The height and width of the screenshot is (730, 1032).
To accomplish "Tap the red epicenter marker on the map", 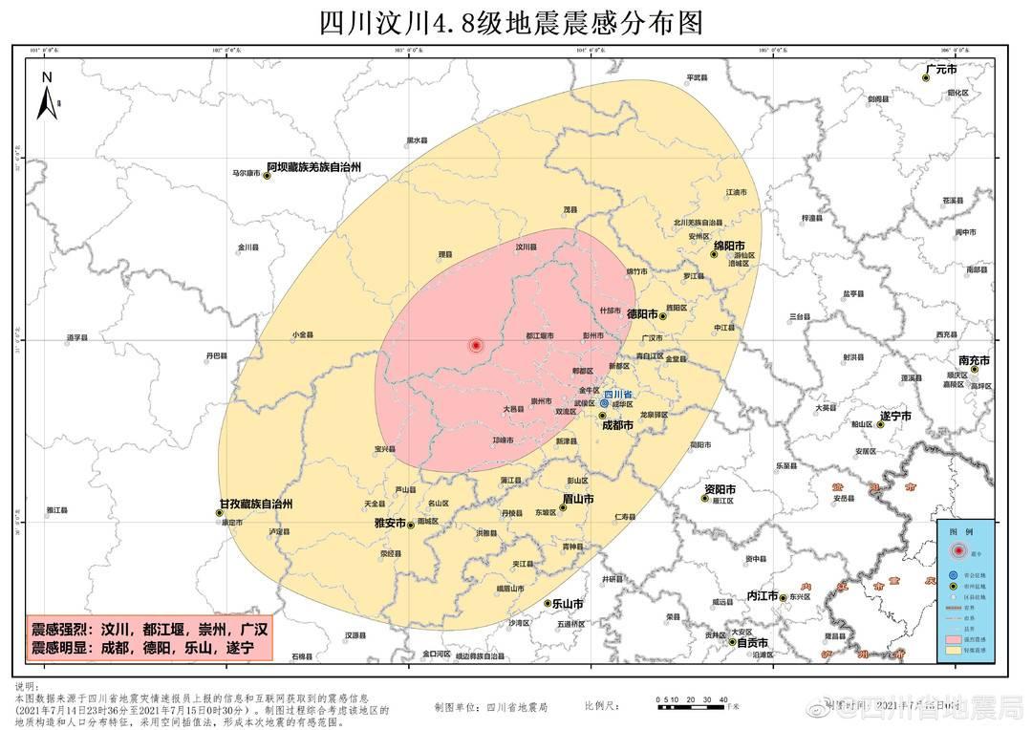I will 476,345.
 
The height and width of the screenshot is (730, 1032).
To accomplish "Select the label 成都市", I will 616,425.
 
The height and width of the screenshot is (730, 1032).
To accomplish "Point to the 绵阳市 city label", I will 728,246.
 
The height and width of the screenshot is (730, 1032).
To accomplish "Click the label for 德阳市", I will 642,313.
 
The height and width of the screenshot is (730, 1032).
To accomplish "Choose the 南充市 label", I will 974,361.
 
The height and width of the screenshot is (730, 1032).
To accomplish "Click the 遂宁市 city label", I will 895,417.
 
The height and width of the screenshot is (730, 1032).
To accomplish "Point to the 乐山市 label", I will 567,604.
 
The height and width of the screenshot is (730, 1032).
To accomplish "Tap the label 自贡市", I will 752,643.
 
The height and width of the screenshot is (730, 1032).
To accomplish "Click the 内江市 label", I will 763,594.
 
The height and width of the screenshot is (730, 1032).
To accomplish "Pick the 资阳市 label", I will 720,489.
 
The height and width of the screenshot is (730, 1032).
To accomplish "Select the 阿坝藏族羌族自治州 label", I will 313,167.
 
